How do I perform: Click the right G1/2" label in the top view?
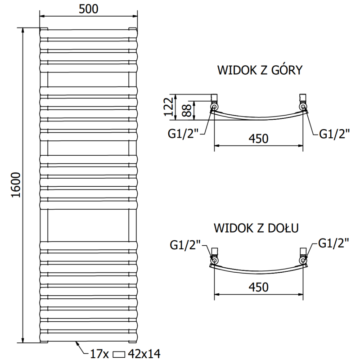(x=334, y=134)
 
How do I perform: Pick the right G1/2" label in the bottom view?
(x=333, y=243)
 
